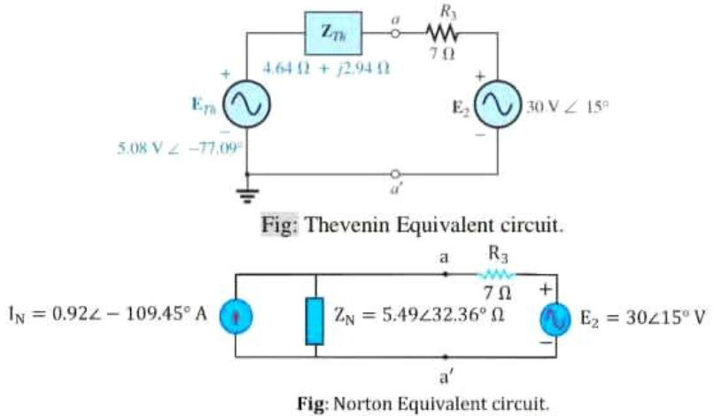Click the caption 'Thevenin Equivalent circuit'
(413, 224)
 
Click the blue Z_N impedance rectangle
(314, 320)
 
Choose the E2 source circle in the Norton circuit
(547, 318)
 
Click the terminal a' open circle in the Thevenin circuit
(397, 174)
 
